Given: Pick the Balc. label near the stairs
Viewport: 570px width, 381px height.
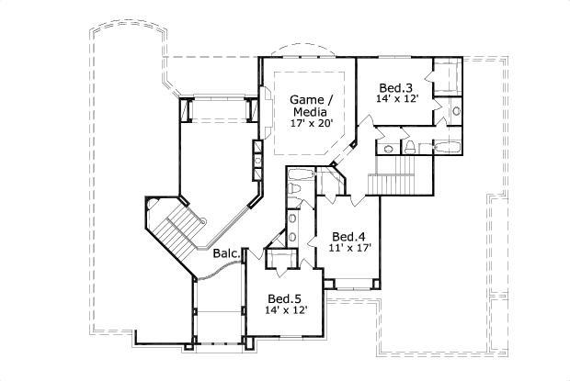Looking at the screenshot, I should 227,253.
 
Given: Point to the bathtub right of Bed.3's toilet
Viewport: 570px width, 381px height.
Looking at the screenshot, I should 447,146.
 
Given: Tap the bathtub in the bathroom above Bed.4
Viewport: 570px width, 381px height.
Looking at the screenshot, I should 301,174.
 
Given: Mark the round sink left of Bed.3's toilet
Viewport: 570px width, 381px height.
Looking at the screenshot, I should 389,147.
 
